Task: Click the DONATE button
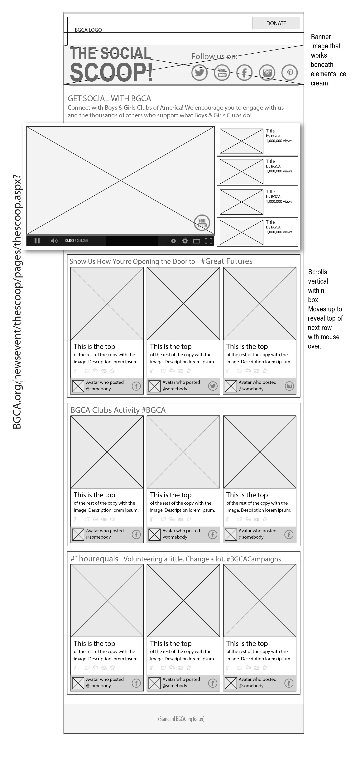[276, 23]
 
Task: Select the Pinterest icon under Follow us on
[290, 73]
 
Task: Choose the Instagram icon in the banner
[267, 73]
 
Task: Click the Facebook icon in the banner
[244, 73]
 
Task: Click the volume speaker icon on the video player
[54, 241]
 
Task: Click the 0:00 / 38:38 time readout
[76, 241]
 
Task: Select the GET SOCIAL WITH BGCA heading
[109, 99]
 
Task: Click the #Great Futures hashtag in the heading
[227, 261]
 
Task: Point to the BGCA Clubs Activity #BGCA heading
[118, 410]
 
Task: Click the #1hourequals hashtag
[94, 559]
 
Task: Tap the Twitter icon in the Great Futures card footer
[213, 386]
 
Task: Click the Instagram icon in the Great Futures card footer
[289, 386]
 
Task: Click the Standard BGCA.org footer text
[181, 719]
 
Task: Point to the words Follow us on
[214, 56]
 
